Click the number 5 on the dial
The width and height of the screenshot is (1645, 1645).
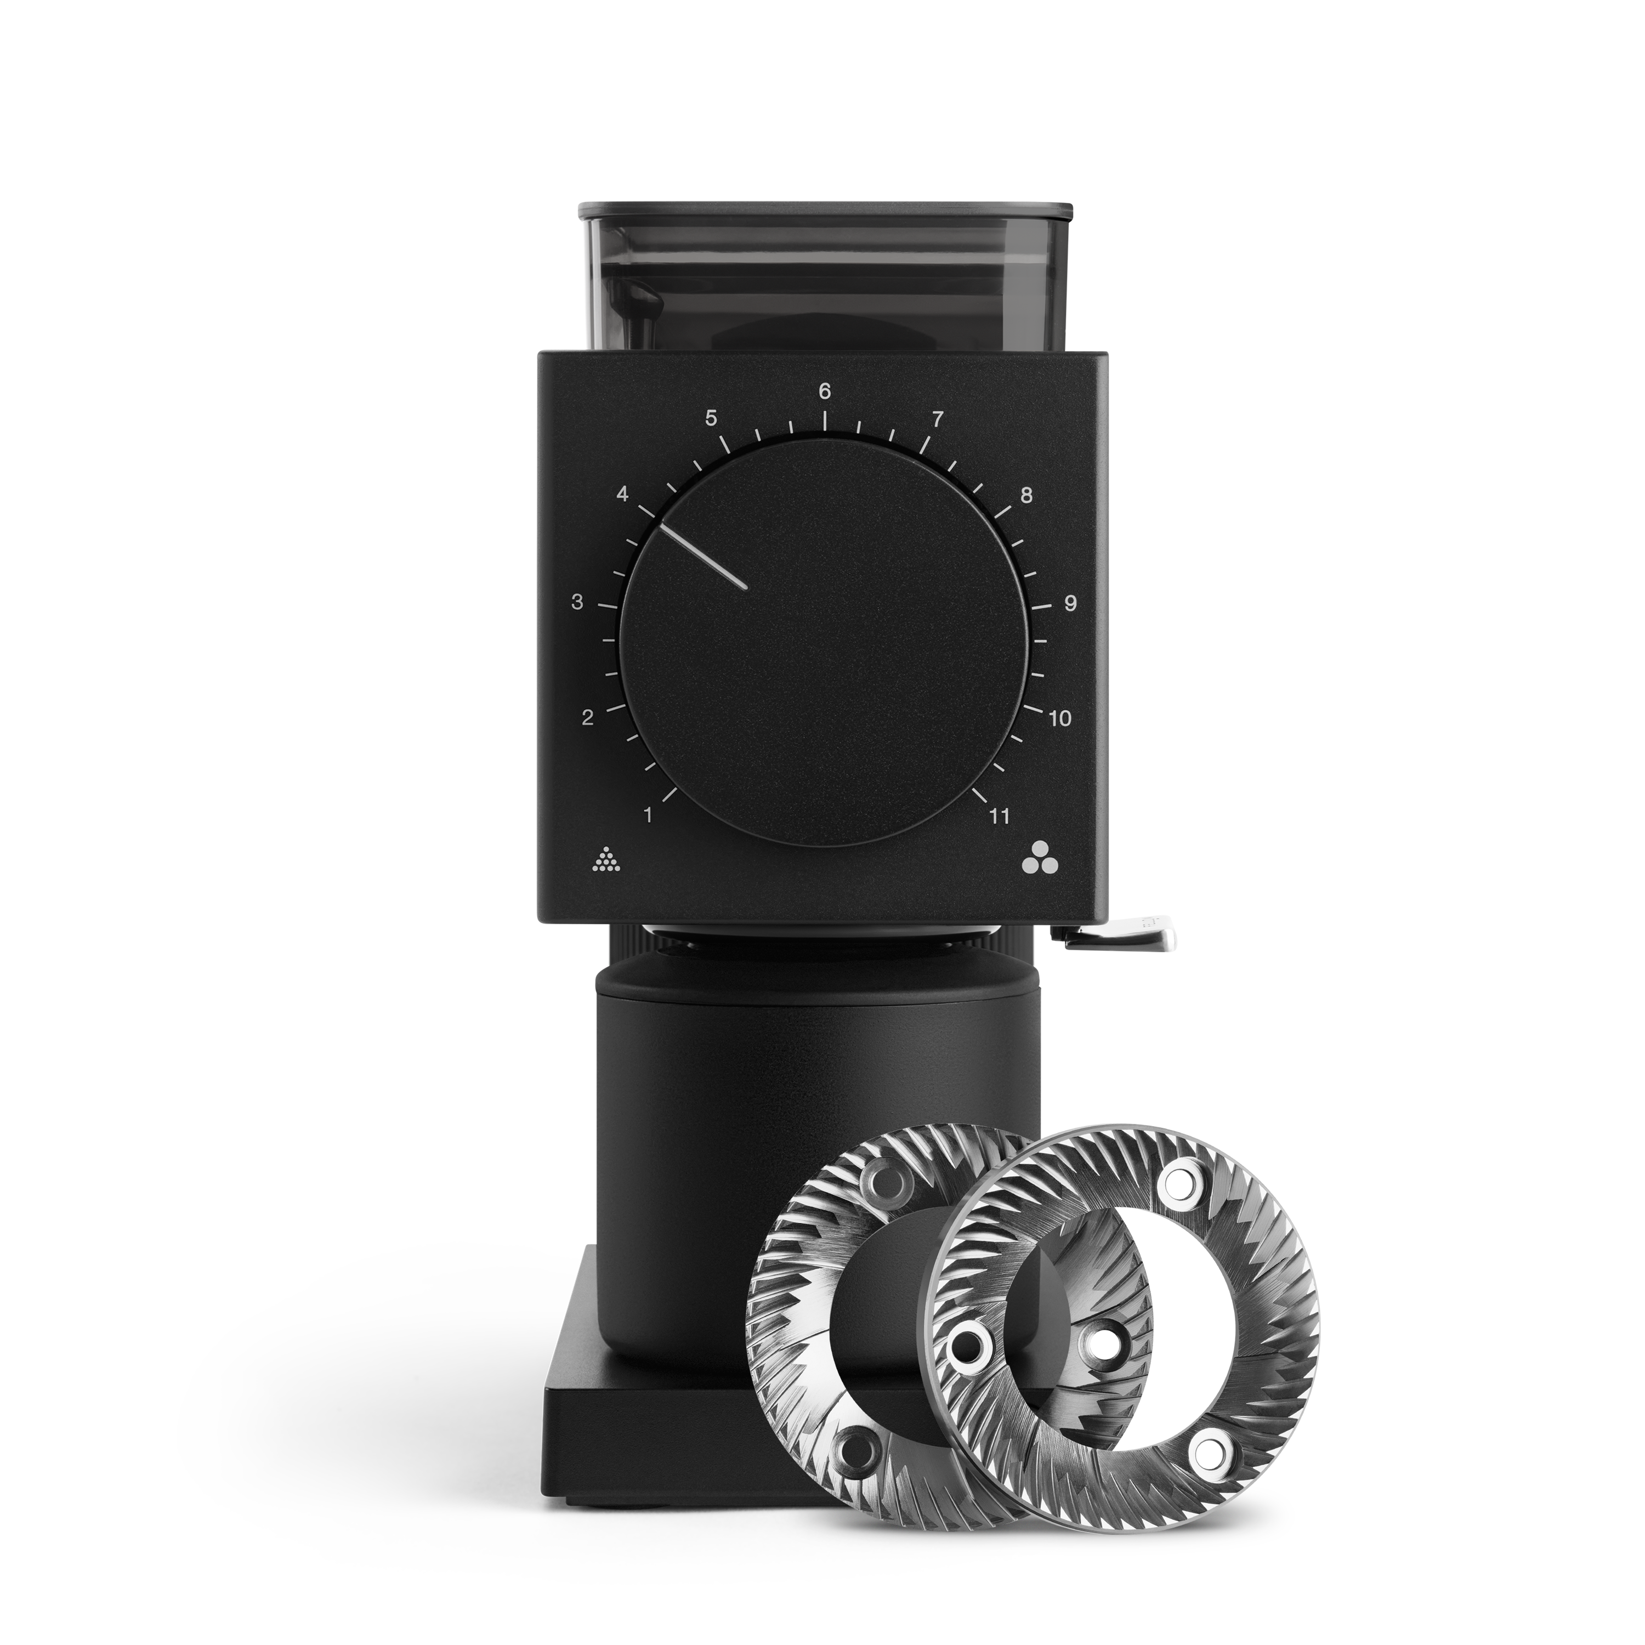click(x=711, y=419)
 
